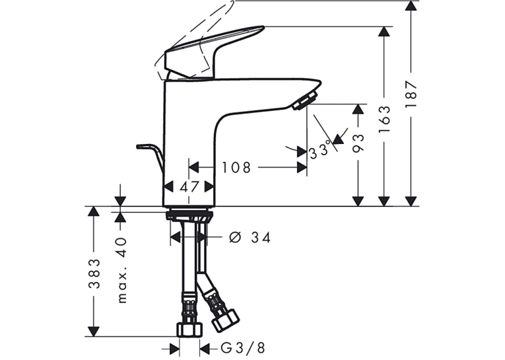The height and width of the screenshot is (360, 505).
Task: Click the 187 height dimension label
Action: (411, 94)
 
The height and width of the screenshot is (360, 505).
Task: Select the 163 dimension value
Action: (384, 120)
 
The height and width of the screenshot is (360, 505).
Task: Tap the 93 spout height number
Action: (358, 143)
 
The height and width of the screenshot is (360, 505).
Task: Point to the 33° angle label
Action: (320, 150)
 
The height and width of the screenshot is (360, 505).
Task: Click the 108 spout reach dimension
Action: (236, 168)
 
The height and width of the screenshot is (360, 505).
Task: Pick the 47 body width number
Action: (189, 187)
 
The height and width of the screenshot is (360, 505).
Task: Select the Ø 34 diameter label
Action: (250, 238)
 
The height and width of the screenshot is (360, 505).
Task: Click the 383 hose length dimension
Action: (94, 273)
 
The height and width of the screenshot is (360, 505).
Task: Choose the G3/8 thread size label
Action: (243, 348)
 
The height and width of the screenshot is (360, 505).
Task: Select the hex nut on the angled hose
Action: (226, 320)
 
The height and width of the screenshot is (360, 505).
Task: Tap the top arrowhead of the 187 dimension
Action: (411, 6)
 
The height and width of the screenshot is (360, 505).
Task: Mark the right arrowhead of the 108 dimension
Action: (302, 168)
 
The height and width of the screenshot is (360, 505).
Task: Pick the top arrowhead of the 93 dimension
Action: (358, 109)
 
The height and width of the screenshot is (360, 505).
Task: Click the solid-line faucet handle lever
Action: (213, 52)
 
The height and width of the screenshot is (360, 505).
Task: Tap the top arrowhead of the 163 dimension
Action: (384, 31)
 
